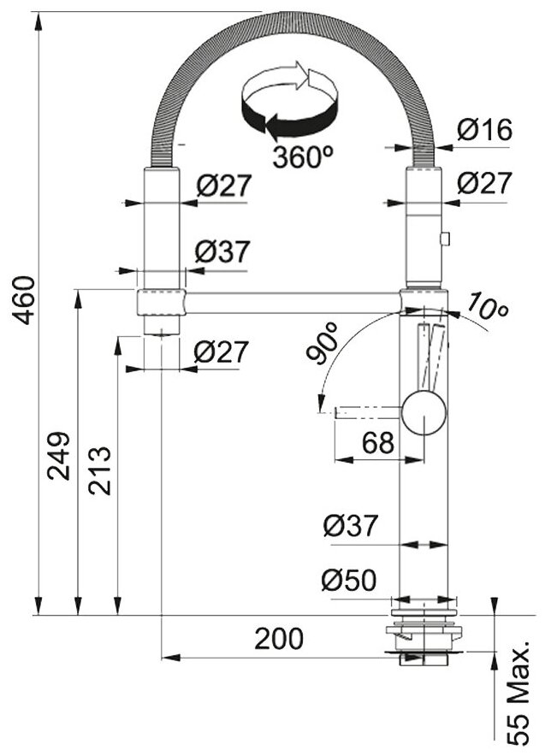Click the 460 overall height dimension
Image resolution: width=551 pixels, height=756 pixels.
(x=26, y=300)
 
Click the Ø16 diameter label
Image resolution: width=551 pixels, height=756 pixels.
(x=483, y=131)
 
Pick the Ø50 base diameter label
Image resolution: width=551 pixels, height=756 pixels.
(x=349, y=582)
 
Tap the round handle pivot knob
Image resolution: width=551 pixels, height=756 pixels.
(x=424, y=410)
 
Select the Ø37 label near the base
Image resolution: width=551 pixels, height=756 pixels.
(x=350, y=526)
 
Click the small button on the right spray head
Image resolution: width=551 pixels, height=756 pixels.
(x=444, y=238)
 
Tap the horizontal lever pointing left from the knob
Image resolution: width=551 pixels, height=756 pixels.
(x=368, y=411)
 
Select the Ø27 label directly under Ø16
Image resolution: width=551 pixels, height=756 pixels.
(x=483, y=183)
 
